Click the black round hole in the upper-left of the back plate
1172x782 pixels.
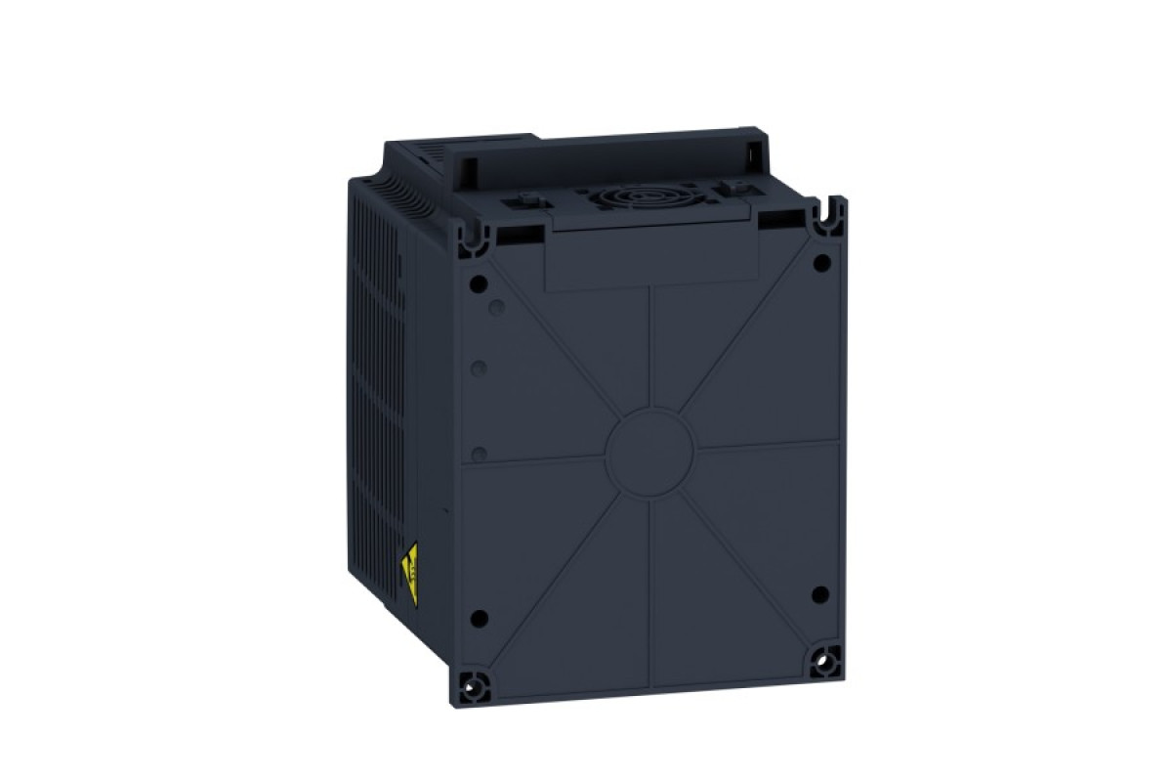coord(478,283)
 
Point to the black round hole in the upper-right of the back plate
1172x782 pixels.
coord(822,261)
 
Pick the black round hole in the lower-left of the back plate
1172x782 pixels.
coord(479,619)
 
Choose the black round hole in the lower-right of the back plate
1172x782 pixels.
coord(820,594)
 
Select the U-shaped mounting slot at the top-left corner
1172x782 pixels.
coord(479,232)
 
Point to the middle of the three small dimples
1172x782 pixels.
coord(480,369)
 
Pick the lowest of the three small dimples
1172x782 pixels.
coord(480,454)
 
